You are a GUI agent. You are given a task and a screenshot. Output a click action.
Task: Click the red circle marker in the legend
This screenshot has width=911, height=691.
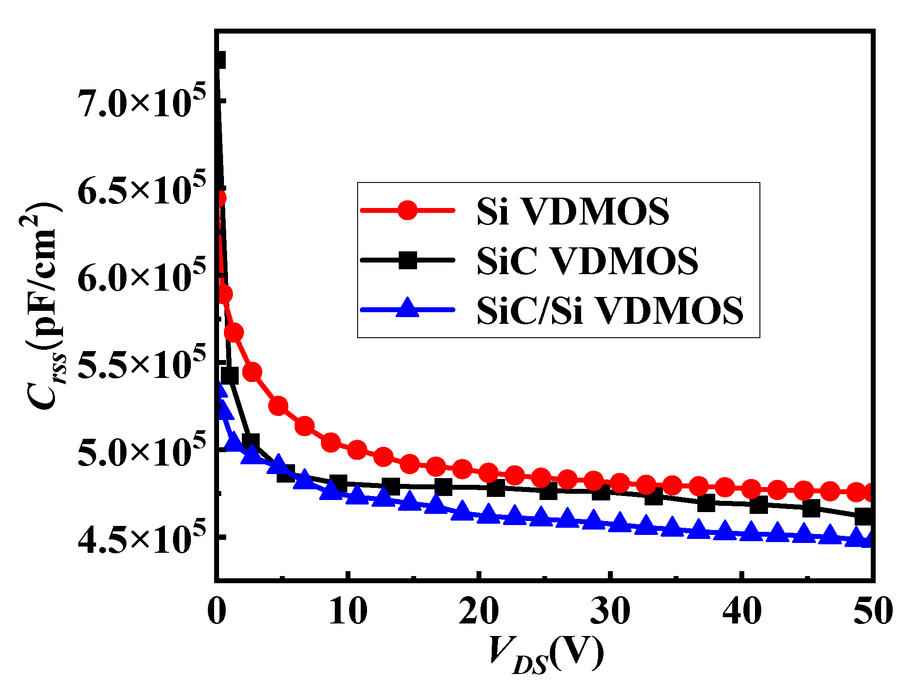click(x=407, y=210)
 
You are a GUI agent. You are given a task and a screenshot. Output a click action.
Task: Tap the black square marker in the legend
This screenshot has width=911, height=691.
click(x=407, y=260)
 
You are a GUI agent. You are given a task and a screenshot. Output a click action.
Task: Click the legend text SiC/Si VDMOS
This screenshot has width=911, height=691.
click(x=610, y=310)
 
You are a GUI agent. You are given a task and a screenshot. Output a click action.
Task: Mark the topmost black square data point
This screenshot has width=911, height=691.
click(x=219, y=60)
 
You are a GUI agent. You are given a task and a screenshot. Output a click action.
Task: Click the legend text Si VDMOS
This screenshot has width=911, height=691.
click(x=573, y=211)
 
